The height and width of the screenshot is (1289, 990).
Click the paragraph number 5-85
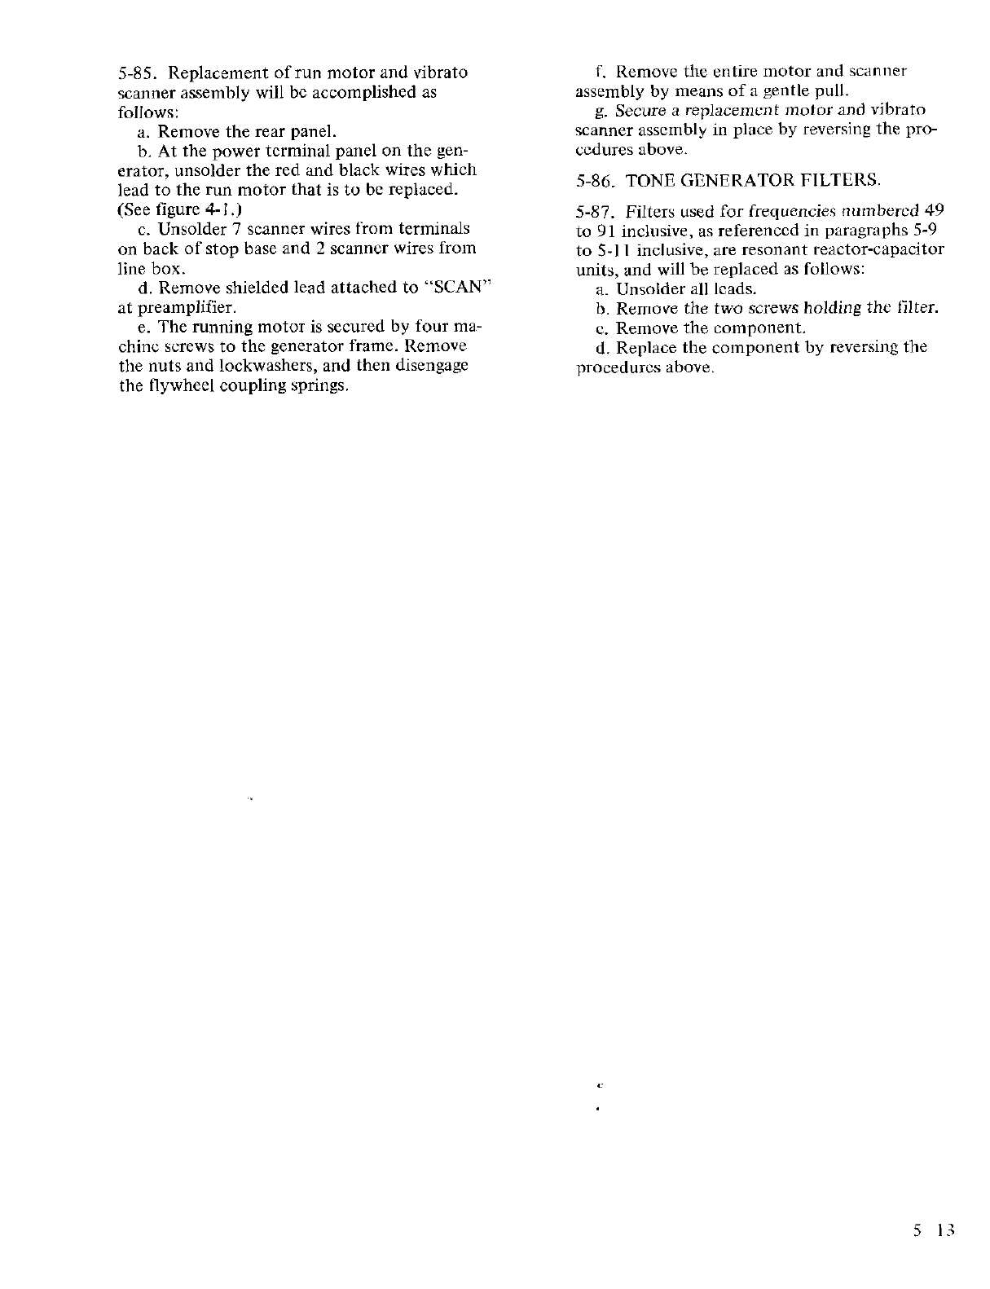[134, 73]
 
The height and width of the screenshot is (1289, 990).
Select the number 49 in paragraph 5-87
[934, 210]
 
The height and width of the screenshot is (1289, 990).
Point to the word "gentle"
[783, 90]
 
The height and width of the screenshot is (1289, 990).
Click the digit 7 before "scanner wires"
[229, 229]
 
